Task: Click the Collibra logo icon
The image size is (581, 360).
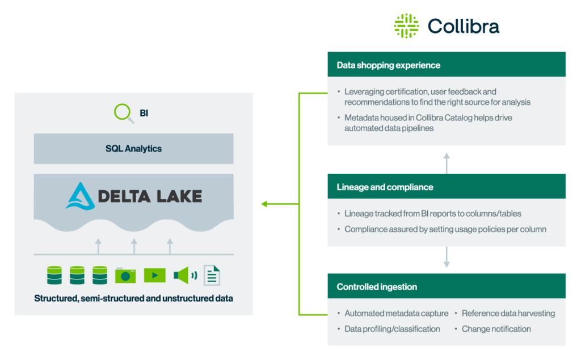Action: tap(406, 26)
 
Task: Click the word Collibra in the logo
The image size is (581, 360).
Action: tap(463, 26)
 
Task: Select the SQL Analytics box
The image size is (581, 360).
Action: tap(133, 149)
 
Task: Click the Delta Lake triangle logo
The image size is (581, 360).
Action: tap(80, 196)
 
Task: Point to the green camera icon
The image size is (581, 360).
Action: tap(125, 275)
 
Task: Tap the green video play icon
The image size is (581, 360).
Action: tap(154, 275)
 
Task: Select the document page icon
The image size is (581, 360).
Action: tap(212, 275)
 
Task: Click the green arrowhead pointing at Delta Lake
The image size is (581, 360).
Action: tap(264, 204)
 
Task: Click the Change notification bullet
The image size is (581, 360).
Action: tap(496, 329)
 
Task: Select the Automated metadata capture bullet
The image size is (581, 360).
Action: tap(396, 313)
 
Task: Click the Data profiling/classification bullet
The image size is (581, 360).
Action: tap(391, 329)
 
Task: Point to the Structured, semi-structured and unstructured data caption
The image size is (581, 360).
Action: tap(133, 298)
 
